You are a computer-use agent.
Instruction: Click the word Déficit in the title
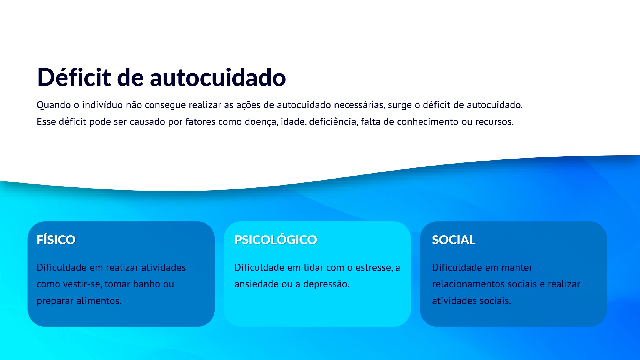[x=74, y=77]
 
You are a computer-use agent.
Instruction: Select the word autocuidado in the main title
[x=218, y=77]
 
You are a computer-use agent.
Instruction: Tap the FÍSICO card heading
[x=56, y=240]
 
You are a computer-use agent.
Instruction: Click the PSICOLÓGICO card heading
[x=276, y=240]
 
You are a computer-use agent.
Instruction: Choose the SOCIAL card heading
[x=454, y=240]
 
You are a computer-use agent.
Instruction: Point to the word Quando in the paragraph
[x=54, y=105]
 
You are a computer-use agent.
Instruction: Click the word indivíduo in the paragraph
[x=102, y=105]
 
